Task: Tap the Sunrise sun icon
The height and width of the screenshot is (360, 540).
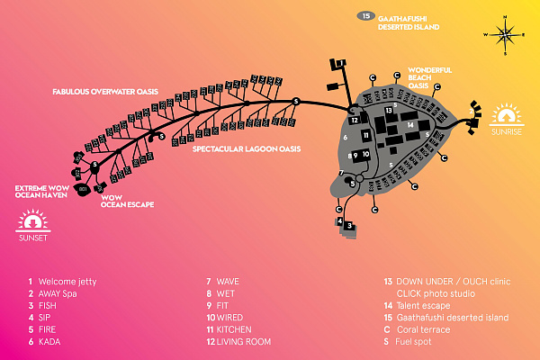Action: click(506, 116)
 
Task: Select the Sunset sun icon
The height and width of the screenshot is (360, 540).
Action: click(34, 220)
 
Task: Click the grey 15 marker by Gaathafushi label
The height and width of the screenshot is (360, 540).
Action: click(364, 16)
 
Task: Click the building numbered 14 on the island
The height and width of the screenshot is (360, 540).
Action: click(410, 124)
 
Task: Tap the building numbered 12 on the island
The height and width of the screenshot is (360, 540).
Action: click(355, 120)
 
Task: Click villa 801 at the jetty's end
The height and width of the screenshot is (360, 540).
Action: click(82, 190)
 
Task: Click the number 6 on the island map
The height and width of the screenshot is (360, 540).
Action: click(346, 138)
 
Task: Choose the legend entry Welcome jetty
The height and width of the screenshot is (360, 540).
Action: click(62, 282)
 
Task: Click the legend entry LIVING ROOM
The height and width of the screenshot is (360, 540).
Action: click(243, 342)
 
